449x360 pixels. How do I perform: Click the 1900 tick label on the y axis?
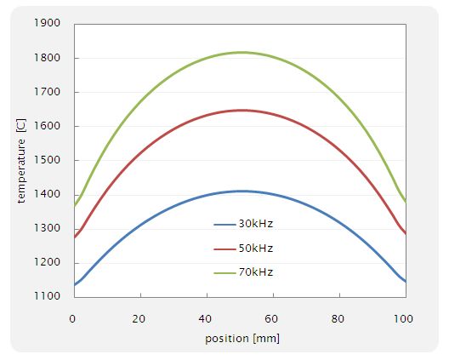click(47, 24)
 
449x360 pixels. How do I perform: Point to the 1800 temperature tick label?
click(47, 58)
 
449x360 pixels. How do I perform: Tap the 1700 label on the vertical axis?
click(47, 92)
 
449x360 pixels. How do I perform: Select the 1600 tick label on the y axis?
click(47, 126)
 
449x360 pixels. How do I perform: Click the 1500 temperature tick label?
click(47, 160)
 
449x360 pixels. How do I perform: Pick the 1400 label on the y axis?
click(47, 194)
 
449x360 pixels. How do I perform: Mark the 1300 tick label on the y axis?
click(47, 228)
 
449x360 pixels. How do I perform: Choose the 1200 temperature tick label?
click(47, 262)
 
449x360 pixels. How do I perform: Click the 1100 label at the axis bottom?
click(47, 296)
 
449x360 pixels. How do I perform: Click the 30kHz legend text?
click(256, 224)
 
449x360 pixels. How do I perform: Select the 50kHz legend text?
click(256, 249)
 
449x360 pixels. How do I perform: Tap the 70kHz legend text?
click(256, 272)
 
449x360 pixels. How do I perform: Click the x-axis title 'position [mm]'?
click(242, 338)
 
